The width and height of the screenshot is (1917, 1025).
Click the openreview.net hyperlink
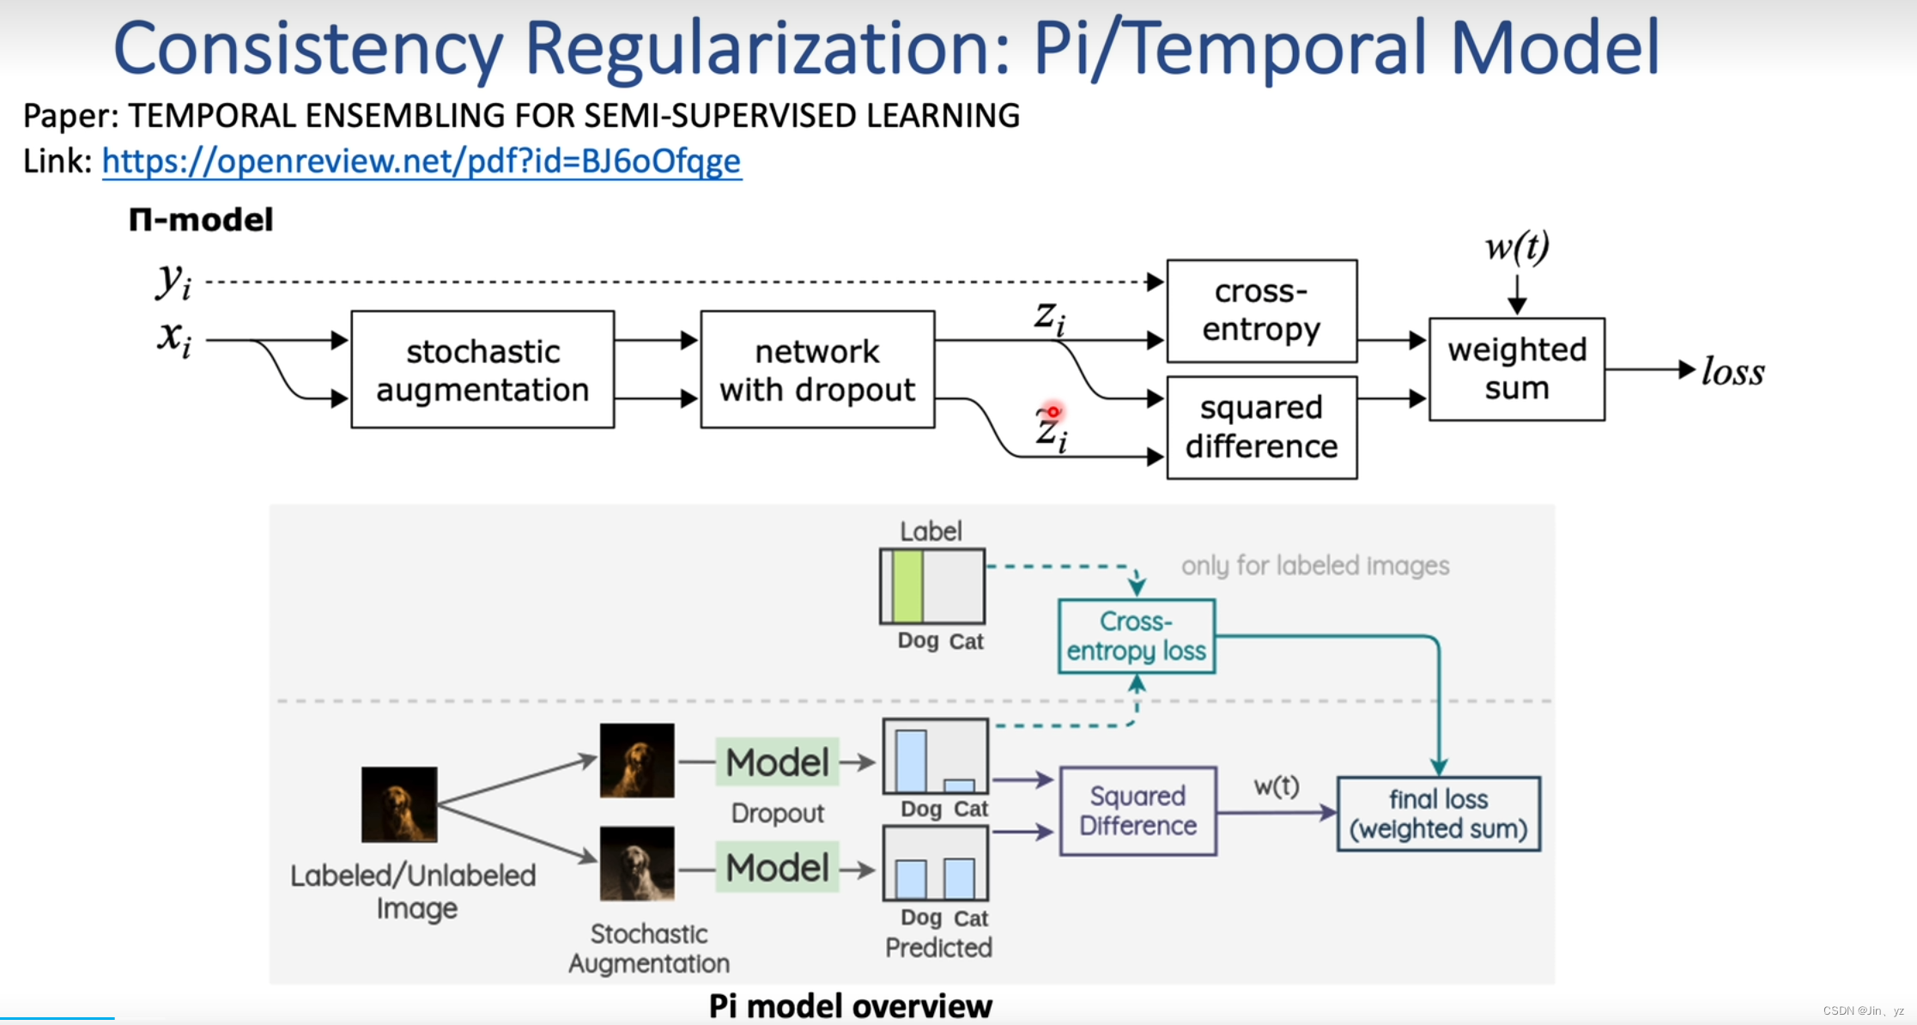[x=421, y=161]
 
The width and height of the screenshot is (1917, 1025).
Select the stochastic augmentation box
[x=482, y=370]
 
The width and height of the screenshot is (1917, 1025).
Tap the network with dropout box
[x=817, y=370]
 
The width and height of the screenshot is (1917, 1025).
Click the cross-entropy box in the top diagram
[x=1261, y=311]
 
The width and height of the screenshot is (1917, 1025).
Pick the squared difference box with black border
[x=1261, y=428]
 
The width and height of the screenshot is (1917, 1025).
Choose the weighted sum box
[x=1516, y=369]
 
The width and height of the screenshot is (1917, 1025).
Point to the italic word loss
[x=1732, y=372]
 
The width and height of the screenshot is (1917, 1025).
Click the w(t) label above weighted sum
[x=1517, y=247]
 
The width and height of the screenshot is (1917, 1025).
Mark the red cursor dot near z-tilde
[x=1053, y=412]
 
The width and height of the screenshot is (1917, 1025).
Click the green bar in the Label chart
[x=907, y=586]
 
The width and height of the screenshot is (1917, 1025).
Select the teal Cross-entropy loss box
[x=1136, y=636]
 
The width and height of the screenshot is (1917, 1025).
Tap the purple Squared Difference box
[x=1137, y=811]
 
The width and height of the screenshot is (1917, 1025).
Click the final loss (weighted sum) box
[x=1438, y=814]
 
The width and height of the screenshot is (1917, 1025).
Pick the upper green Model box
[x=777, y=762]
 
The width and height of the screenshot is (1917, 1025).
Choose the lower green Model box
[x=777, y=868]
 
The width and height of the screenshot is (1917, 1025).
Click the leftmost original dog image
[x=399, y=804]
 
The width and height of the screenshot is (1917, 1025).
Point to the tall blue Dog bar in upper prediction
[x=911, y=761]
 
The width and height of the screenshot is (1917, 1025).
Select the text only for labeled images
[x=1314, y=566]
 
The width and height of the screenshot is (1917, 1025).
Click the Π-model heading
[x=201, y=220]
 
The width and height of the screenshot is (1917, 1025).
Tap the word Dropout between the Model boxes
[x=777, y=813]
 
